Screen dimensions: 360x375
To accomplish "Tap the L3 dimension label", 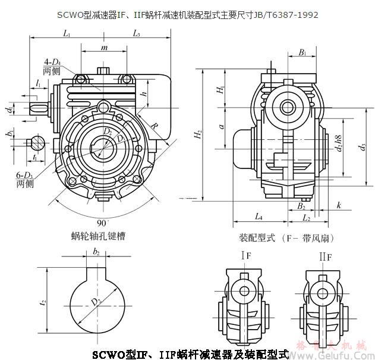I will (137, 35).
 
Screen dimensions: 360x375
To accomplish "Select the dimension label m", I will (105, 47).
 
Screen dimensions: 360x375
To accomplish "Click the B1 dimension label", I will (302, 53).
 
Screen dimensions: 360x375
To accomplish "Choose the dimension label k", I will (338, 205).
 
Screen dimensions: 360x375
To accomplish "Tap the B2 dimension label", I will (301, 206).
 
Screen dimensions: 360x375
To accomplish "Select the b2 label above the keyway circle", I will (96, 252).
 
